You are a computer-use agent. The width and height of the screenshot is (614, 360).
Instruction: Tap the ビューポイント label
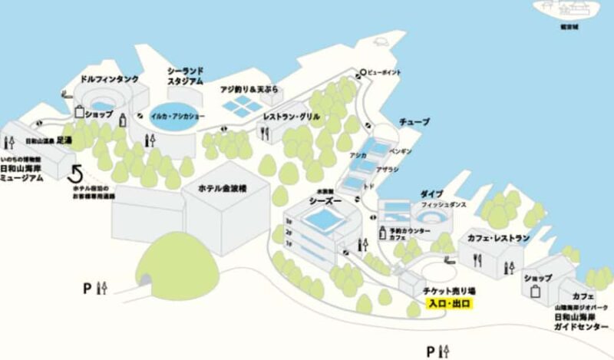tap(384, 74)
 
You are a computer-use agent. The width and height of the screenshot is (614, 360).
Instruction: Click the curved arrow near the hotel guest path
tap(76, 172)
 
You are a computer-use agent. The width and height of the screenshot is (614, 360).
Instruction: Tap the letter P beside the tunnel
tap(88, 289)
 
